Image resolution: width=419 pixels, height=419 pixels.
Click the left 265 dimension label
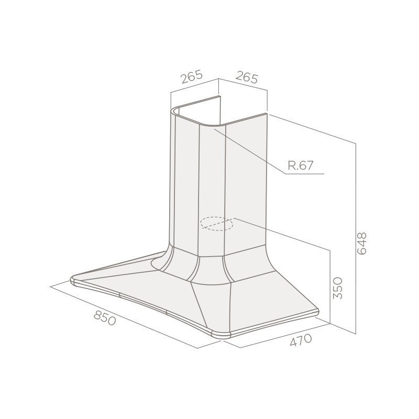click(x=191, y=77)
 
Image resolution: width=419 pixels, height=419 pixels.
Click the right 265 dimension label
click(x=246, y=77)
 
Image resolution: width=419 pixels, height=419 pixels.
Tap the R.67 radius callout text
click(x=300, y=166)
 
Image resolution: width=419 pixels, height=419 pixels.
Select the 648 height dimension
click(x=361, y=244)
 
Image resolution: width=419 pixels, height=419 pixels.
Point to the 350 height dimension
click(x=337, y=288)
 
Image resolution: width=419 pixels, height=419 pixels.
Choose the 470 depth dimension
click(x=301, y=340)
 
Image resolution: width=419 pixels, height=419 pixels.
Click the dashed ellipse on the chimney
click(x=217, y=224)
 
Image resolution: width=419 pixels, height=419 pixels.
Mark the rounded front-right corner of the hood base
click(x=221, y=335)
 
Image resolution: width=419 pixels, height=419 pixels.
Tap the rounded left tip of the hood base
click(x=73, y=280)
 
